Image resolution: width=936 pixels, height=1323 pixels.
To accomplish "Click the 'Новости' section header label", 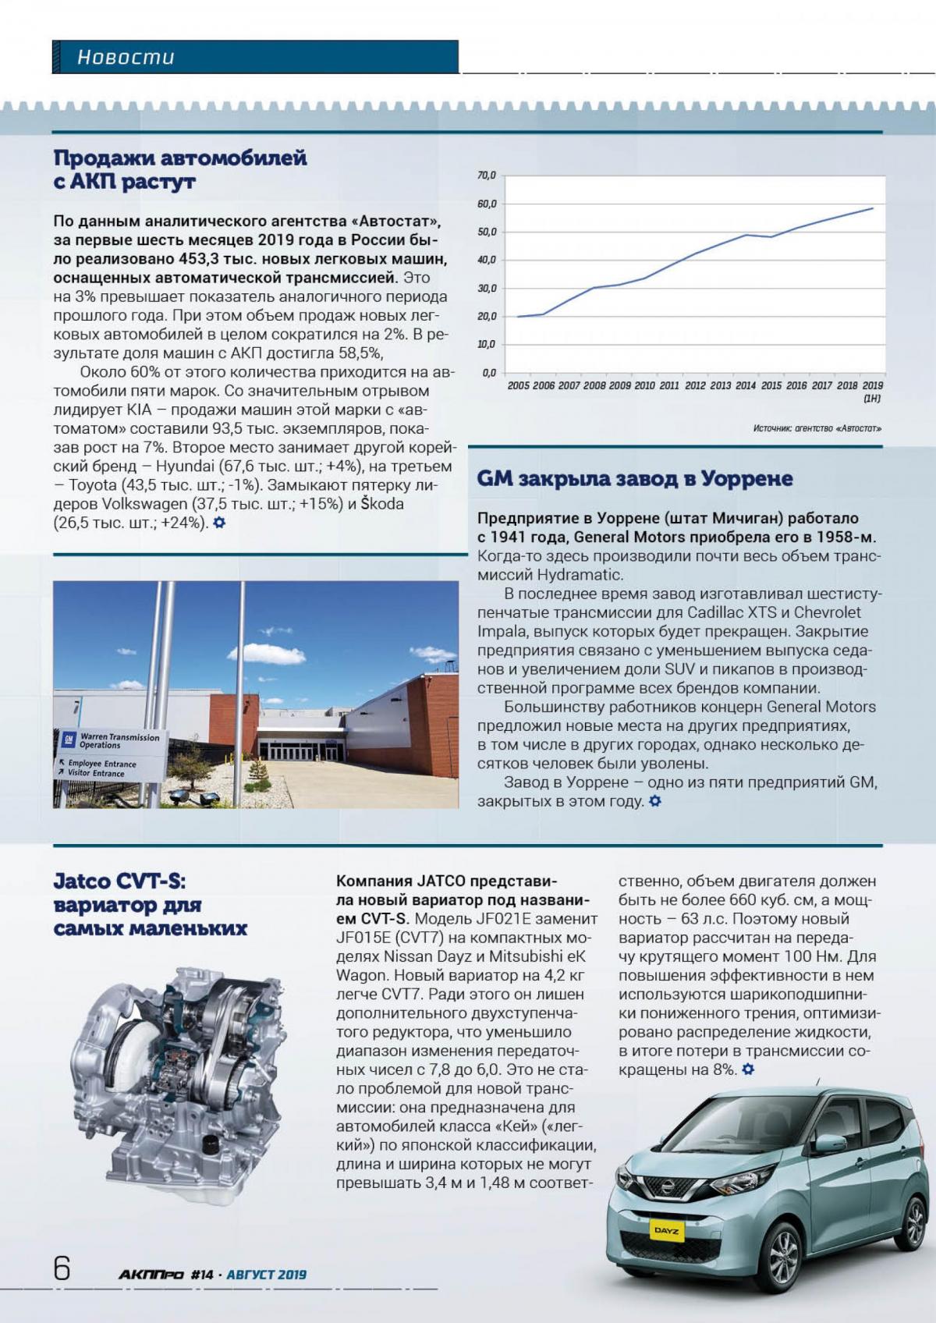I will coord(126,57).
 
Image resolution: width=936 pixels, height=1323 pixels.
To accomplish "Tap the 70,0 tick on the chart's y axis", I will coord(487,176).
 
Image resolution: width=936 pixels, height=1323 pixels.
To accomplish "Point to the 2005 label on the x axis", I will coord(518,385).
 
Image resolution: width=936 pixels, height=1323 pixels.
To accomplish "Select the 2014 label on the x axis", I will coord(745,385).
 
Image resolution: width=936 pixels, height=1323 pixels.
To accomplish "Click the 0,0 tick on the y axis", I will coord(489,373).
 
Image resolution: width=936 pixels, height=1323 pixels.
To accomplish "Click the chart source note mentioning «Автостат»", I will coord(817,428).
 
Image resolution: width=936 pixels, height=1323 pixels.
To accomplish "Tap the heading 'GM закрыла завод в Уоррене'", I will coord(634,478).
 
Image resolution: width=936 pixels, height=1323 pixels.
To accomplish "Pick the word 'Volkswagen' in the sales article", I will coord(145,504).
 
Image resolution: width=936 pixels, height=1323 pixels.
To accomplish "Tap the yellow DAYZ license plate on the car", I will coord(666,1231).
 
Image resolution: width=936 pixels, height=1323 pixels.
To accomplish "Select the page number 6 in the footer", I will coord(62,1268).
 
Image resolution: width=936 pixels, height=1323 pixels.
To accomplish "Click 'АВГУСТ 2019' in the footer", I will coord(266,1275).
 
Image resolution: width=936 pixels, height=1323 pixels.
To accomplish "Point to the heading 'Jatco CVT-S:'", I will coord(119,881).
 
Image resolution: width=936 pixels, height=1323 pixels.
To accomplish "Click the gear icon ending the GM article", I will coord(655,801).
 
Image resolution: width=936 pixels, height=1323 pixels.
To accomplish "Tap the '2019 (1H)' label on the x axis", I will coord(872,391).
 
